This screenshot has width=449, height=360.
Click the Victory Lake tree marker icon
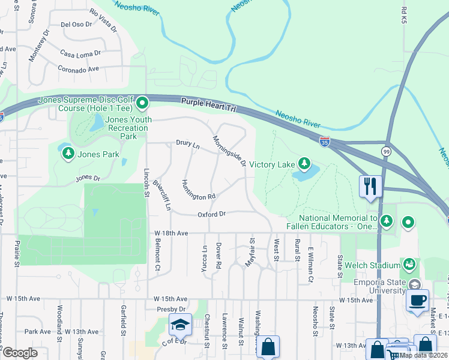305,163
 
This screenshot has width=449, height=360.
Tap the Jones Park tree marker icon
68,154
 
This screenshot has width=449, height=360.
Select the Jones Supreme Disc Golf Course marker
142,104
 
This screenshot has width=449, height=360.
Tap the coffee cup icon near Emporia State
417,299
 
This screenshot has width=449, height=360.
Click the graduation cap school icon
180,324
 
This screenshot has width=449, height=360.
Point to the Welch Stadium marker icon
409,264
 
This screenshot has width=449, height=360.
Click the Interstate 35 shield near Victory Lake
325,142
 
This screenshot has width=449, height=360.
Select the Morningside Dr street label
229,151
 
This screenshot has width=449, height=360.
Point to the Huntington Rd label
198,190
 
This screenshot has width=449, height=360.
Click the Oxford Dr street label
211,214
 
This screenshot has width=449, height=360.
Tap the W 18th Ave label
171,233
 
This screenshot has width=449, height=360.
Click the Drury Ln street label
187,144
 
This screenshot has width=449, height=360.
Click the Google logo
20,353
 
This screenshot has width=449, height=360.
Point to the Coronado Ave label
78,70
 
